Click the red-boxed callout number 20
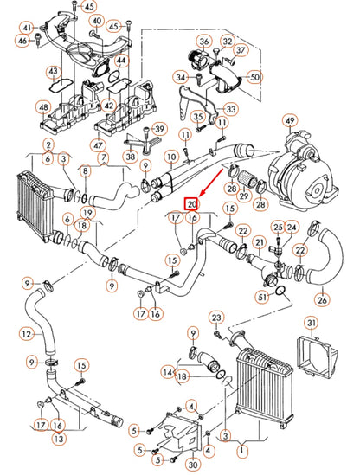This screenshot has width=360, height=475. pyautogui.click(x=192, y=204)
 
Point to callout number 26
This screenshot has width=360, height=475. pyautogui.click(x=323, y=300)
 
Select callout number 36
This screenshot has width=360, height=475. pyautogui.click(x=204, y=41)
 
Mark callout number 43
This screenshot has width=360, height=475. pyautogui.click(x=55, y=70)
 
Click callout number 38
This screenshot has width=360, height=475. pyautogui.click(x=129, y=158)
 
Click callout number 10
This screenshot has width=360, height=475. pyautogui.click(x=171, y=157)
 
